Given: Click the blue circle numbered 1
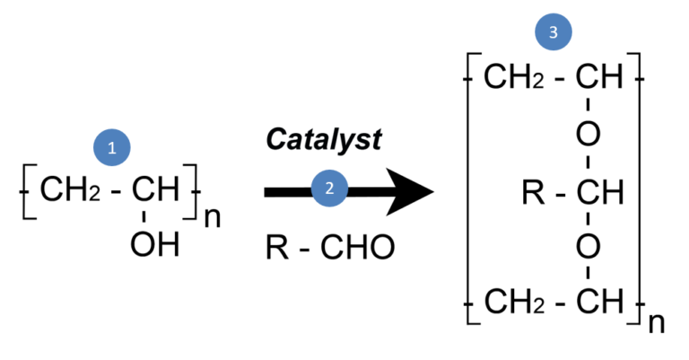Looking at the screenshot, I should (x=112, y=149).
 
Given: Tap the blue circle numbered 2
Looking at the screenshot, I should (x=328, y=189).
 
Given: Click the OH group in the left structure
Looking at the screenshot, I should (x=154, y=244).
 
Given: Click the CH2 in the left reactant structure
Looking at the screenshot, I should (x=65, y=191).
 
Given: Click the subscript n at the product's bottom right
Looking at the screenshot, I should (x=657, y=322).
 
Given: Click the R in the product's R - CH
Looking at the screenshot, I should (x=534, y=191).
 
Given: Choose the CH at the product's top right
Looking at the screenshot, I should (x=598, y=78).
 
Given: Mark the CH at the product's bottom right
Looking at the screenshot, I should (x=598, y=303).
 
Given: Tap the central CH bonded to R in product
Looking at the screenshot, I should (x=598, y=191).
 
